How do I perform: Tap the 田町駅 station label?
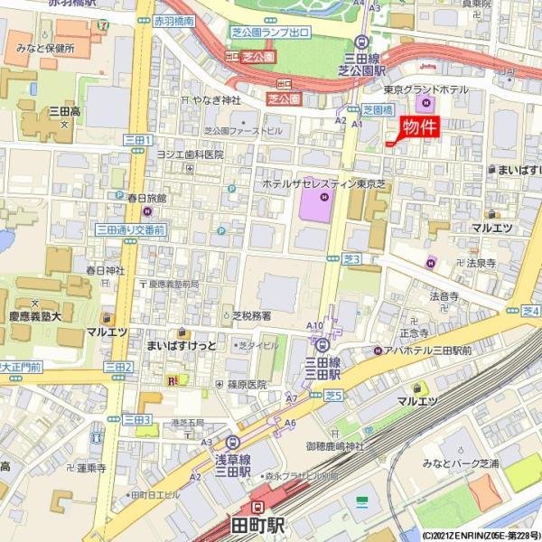257,525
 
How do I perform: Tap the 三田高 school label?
64,110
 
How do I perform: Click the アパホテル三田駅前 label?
428,350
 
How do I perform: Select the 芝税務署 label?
251,317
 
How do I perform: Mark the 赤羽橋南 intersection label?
173,20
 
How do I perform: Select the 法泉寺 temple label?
481,264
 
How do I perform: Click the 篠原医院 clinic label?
247,384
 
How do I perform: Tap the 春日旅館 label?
146,196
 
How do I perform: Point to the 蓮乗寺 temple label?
91,468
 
